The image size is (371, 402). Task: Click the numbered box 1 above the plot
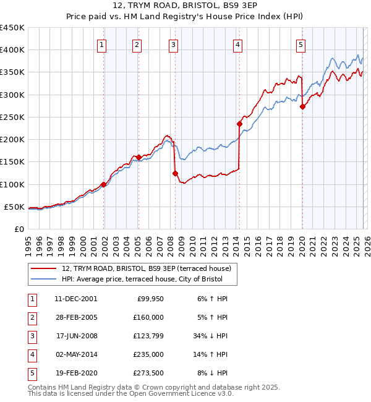pos(101,44)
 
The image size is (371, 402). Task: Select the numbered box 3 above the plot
pos(173,44)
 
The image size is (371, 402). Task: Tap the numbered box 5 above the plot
pos(301,44)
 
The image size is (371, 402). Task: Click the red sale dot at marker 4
pos(239,124)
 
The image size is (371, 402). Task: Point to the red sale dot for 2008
pos(175,174)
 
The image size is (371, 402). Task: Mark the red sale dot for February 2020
pos(302,106)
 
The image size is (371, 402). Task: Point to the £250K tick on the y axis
pos(12,117)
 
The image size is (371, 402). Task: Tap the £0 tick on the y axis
pos(19,229)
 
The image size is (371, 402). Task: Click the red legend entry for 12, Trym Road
pos(147,268)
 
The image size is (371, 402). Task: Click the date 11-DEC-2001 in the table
pos(75,299)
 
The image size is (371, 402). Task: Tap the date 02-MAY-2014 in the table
pos(75,354)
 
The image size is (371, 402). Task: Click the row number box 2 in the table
pos(31,317)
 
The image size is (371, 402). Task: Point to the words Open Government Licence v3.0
pos(184,393)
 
